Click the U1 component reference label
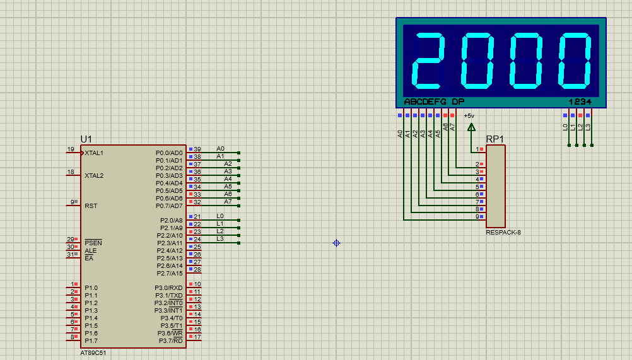click(x=86, y=139)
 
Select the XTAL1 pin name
click(x=94, y=153)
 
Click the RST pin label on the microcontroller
click(x=91, y=206)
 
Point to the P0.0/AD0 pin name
click(x=169, y=153)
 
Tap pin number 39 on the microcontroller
click(x=197, y=149)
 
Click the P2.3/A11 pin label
click(x=170, y=243)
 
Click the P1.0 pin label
click(x=91, y=288)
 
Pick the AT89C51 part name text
click(x=93, y=353)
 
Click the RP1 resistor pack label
click(x=495, y=139)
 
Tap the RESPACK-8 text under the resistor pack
click(x=503, y=233)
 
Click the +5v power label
click(x=469, y=116)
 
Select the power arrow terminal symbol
click(x=471, y=127)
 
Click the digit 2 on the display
click(x=429, y=61)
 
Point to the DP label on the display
click(x=458, y=102)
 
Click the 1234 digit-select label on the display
click(x=580, y=102)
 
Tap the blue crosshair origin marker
click(x=337, y=243)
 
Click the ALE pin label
click(x=91, y=250)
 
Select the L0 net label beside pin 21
click(x=220, y=216)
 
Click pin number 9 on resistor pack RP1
click(x=477, y=217)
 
